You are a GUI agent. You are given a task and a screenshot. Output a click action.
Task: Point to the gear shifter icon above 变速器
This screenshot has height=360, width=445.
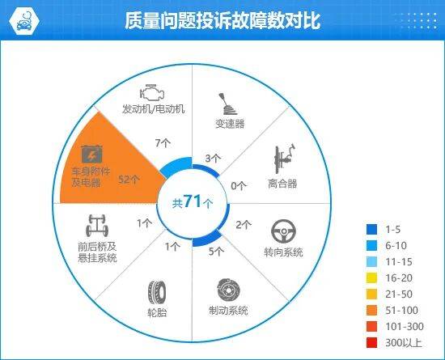pyautogui.click(x=229, y=104)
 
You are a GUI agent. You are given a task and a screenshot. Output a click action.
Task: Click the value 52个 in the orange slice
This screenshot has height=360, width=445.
pyautogui.click(x=130, y=179)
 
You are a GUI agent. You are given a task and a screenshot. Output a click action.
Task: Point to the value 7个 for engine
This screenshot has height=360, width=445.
pyautogui.click(x=163, y=142)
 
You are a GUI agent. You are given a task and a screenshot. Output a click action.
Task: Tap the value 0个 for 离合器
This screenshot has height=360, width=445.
pyautogui.click(x=238, y=185)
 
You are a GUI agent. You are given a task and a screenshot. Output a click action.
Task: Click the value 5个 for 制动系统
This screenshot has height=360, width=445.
pyautogui.click(x=215, y=251)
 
